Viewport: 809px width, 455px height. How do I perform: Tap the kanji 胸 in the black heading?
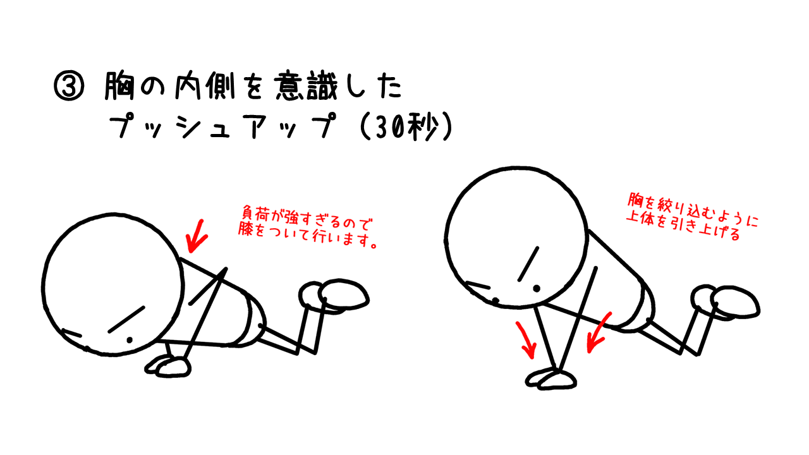(119, 86)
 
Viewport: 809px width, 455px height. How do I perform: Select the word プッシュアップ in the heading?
(223, 125)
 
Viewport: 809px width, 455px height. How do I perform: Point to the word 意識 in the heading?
(306, 86)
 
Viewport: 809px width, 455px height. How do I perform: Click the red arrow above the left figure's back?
(197, 236)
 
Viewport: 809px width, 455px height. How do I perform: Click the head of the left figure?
(113, 284)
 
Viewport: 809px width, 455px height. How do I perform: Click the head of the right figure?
(516, 238)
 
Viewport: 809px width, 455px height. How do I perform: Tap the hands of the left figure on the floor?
(168, 367)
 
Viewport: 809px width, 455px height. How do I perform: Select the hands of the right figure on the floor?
(550, 379)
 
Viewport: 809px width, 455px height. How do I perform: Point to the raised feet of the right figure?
(725, 302)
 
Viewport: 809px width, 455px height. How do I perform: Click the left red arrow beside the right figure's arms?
(526, 339)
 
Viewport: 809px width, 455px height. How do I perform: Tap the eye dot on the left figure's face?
(130, 340)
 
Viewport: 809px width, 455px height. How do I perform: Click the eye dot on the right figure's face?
(537, 289)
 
